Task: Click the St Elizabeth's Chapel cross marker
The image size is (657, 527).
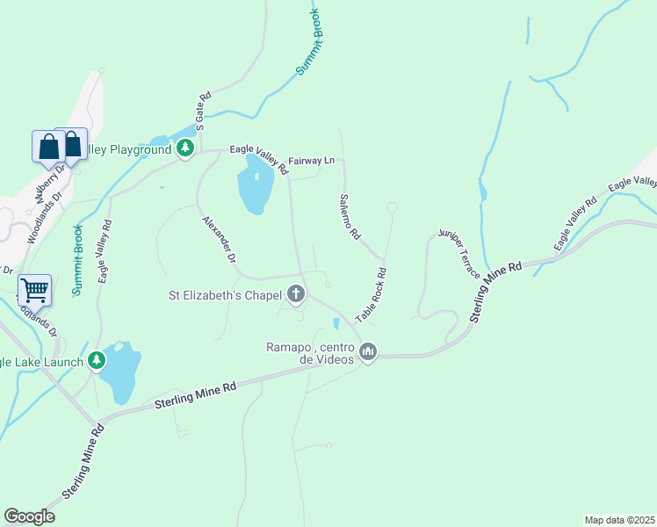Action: click(x=297, y=294)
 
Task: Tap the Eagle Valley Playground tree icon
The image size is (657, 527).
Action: click(x=184, y=148)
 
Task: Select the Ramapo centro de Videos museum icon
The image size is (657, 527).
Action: click(x=367, y=352)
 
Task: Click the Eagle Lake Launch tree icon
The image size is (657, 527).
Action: click(x=97, y=360)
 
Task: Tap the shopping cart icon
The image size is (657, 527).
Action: click(x=34, y=289)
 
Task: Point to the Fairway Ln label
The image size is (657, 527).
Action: click(x=317, y=161)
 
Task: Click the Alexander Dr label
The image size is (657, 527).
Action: click(x=220, y=240)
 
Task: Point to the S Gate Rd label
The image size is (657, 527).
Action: click(x=203, y=112)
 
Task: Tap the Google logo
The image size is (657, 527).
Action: click(x=29, y=516)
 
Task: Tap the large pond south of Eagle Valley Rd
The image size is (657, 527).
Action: click(x=254, y=185)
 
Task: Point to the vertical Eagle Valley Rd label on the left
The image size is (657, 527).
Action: click(x=104, y=250)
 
